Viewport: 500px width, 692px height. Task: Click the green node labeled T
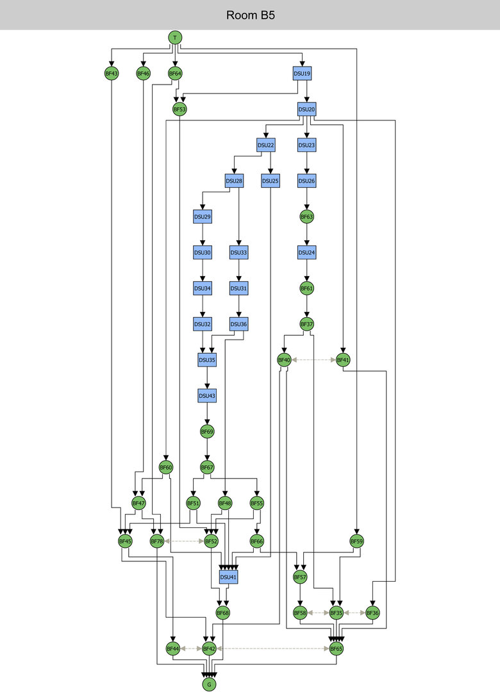[175, 38]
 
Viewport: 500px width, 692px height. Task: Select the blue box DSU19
[303, 74]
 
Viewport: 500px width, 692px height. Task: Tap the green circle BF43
[112, 74]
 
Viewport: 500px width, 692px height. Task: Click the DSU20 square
[307, 110]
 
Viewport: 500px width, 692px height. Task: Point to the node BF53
[179, 110]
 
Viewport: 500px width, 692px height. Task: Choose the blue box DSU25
[271, 181]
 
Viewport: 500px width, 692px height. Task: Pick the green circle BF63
[307, 217]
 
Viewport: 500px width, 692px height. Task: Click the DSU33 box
[238, 253]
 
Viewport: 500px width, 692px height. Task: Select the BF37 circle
[307, 325]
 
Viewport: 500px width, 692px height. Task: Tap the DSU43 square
[207, 396]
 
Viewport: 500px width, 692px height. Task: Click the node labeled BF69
[207, 432]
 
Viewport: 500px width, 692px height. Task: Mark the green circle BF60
[166, 468]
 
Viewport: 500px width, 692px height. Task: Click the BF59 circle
[357, 541]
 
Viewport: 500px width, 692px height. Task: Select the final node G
[209, 685]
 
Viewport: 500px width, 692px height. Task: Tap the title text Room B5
[250, 15]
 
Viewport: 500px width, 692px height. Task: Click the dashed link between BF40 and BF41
[314, 360]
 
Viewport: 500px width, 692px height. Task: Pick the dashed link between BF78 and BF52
[184, 541]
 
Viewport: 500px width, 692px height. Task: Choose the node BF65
[337, 649]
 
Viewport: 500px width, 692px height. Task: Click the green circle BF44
[172, 649]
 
